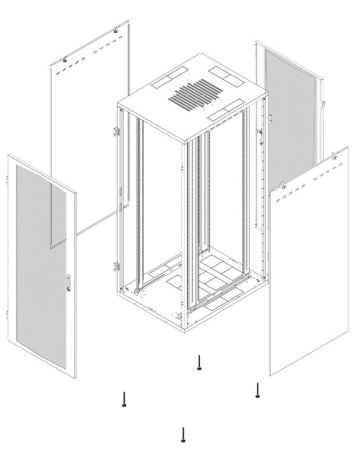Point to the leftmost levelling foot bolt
pos(125,399)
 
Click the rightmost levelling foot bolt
pos(258,390)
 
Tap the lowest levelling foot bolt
pos(184,435)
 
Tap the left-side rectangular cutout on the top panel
pos(169,75)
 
